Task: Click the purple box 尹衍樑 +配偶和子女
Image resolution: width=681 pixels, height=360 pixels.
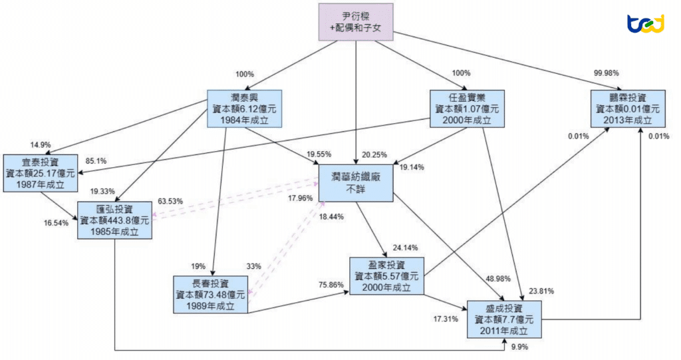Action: pyautogui.click(x=356, y=22)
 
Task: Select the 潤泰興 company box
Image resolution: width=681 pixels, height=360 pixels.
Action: pyautogui.click(x=244, y=108)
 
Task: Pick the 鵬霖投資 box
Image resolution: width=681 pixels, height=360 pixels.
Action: pyautogui.click(x=628, y=108)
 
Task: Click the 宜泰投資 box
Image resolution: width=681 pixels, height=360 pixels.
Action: pyautogui.click(x=40, y=172)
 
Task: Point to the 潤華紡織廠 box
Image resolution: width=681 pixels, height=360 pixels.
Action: pyautogui.click(x=356, y=183)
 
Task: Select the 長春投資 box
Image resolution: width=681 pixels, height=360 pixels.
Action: pyautogui.click(x=211, y=293)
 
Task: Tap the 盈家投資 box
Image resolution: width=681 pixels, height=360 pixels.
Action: pyautogui.click(x=386, y=275)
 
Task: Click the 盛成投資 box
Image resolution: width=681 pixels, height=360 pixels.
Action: pyautogui.click(x=505, y=319)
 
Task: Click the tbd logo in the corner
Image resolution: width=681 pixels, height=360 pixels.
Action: pyautogui.click(x=646, y=24)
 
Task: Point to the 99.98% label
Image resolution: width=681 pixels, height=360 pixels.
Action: pyautogui.click(x=607, y=73)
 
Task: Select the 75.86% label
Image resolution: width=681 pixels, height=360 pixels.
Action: pyautogui.click(x=331, y=284)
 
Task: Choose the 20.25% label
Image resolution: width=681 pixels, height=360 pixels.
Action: pyautogui.click(x=374, y=155)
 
